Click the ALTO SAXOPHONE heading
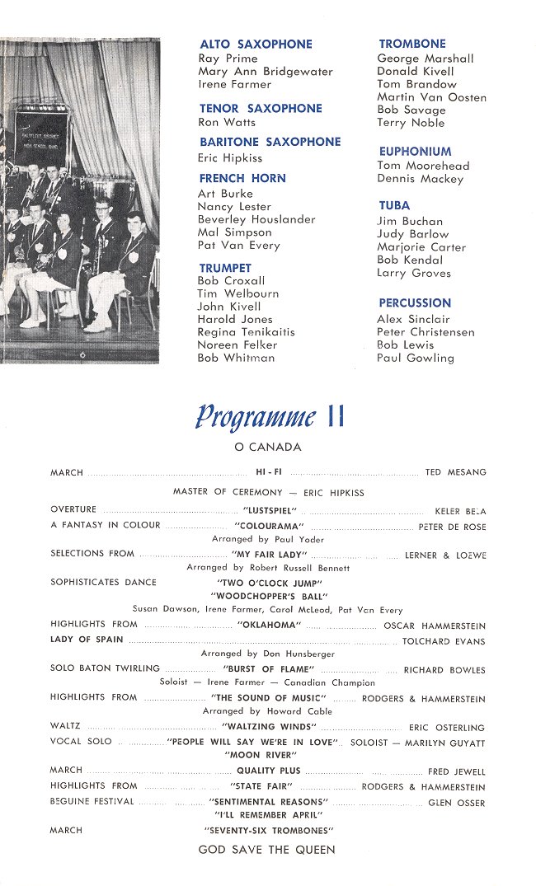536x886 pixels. tap(256, 44)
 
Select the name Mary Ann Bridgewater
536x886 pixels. tap(266, 72)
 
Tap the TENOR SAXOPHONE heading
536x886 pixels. tap(261, 108)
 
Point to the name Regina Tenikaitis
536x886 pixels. tap(246, 332)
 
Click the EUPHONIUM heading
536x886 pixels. tap(415, 152)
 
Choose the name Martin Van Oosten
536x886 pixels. tap(431, 97)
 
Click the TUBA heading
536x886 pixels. tap(394, 205)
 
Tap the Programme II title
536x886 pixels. tap(269, 417)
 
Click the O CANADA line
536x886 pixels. tap(268, 448)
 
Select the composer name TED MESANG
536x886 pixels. tap(455, 472)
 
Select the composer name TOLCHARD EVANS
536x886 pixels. tap(444, 641)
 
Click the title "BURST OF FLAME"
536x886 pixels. tap(269, 670)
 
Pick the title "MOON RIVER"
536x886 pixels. tap(266, 755)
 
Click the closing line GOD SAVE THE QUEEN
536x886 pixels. tap(267, 851)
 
